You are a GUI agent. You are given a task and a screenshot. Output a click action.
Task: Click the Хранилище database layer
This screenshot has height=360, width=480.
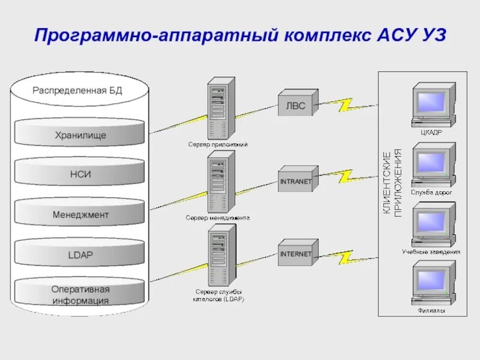79,135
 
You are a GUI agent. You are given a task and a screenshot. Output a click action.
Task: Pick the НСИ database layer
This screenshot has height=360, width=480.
79,175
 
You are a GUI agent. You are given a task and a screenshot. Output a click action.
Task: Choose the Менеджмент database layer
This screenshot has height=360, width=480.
79,214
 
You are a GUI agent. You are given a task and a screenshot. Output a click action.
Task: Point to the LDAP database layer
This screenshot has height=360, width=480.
79,254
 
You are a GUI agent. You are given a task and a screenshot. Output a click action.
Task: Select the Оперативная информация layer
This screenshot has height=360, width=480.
79,295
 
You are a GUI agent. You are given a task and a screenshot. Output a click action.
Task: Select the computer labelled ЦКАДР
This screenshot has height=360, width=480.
432,106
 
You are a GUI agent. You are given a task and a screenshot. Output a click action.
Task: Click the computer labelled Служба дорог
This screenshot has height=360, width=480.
432,165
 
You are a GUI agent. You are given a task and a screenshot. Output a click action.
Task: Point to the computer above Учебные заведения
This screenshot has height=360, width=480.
432,224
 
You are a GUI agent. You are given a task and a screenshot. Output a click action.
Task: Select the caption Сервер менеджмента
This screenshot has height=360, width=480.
217,218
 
